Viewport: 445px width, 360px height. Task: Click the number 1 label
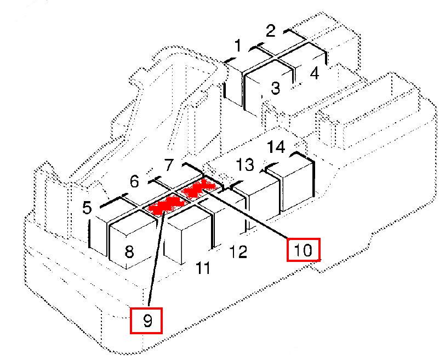click(x=238, y=47)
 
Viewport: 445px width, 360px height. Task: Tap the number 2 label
click(x=270, y=31)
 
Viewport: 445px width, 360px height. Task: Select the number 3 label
click(x=276, y=87)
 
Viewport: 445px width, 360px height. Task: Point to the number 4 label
click(x=315, y=73)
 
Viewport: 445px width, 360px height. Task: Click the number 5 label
click(x=87, y=208)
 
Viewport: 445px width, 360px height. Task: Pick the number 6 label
click(x=135, y=181)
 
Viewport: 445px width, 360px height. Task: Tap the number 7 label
click(x=169, y=164)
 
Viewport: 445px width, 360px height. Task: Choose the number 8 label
click(x=129, y=252)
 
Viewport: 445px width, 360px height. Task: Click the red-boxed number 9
click(x=147, y=321)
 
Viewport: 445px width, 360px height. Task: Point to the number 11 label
click(x=203, y=268)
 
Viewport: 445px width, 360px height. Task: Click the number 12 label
click(x=238, y=252)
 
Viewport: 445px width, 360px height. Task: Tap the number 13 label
click(x=245, y=164)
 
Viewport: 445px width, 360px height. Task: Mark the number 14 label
click(x=276, y=147)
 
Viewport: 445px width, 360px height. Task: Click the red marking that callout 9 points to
click(x=164, y=205)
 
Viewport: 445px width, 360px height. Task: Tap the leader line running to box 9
click(x=157, y=258)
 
